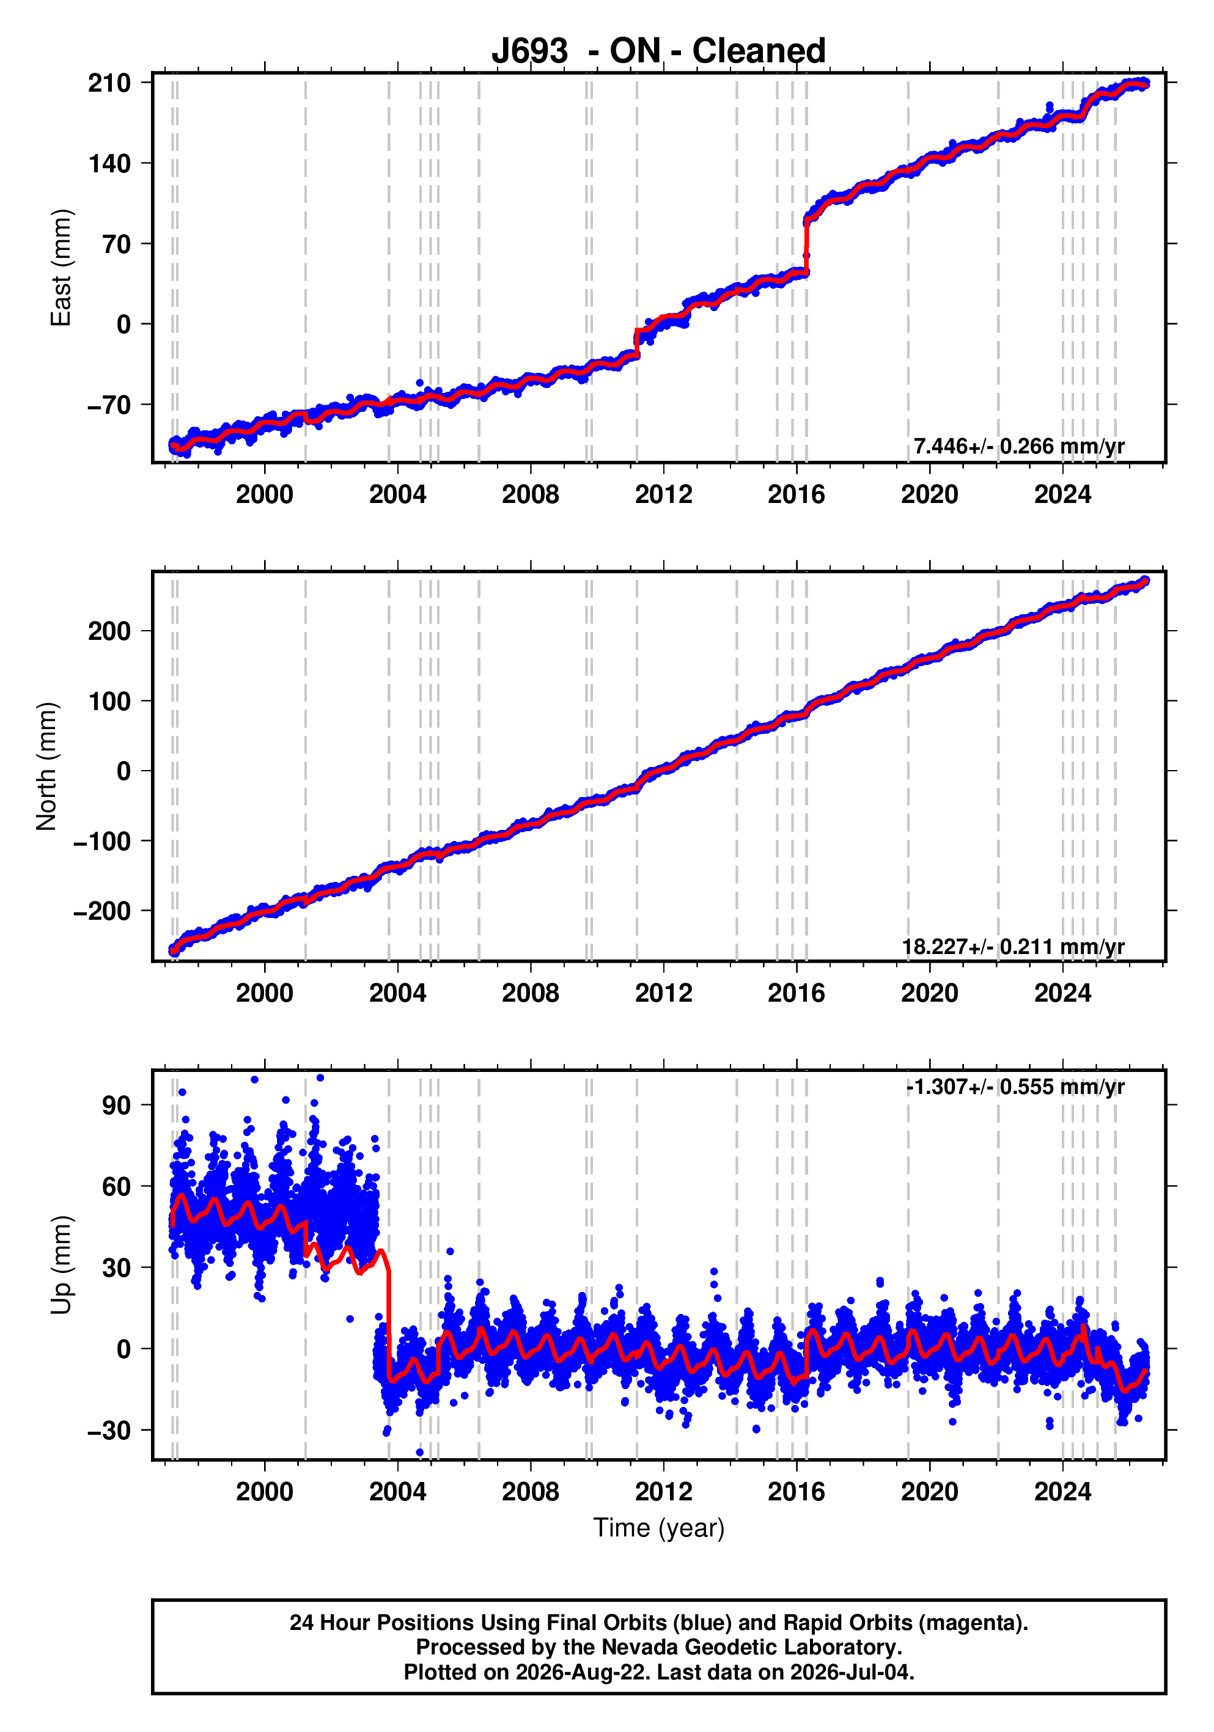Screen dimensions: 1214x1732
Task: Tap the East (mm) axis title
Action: click(x=61, y=268)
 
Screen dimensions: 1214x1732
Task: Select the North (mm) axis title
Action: click(x=47, y=766)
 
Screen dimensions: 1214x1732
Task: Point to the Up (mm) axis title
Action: click(x=61, y=1265)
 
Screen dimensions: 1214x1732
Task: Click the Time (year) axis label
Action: click(x=659, y=1527)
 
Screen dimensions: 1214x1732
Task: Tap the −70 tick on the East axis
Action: click(x=109, y=405)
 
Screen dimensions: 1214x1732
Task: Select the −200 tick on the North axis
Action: click(x=102, y=911)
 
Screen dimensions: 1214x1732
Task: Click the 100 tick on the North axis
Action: click(x=109, y=702)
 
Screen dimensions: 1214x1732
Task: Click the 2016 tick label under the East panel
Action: click(x=796, y=495)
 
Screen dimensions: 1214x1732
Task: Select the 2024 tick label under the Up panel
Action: click(x=1062, y=1492)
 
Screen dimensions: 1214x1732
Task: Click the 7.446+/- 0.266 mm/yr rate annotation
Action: click(x=1018, y=447)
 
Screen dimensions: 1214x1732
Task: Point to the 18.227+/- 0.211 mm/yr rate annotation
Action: click(x=1014, y=947)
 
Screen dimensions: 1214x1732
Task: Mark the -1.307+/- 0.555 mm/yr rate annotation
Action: click(x=1015, y=1087)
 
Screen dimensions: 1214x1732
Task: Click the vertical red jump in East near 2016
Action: click(x=806, y=246)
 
